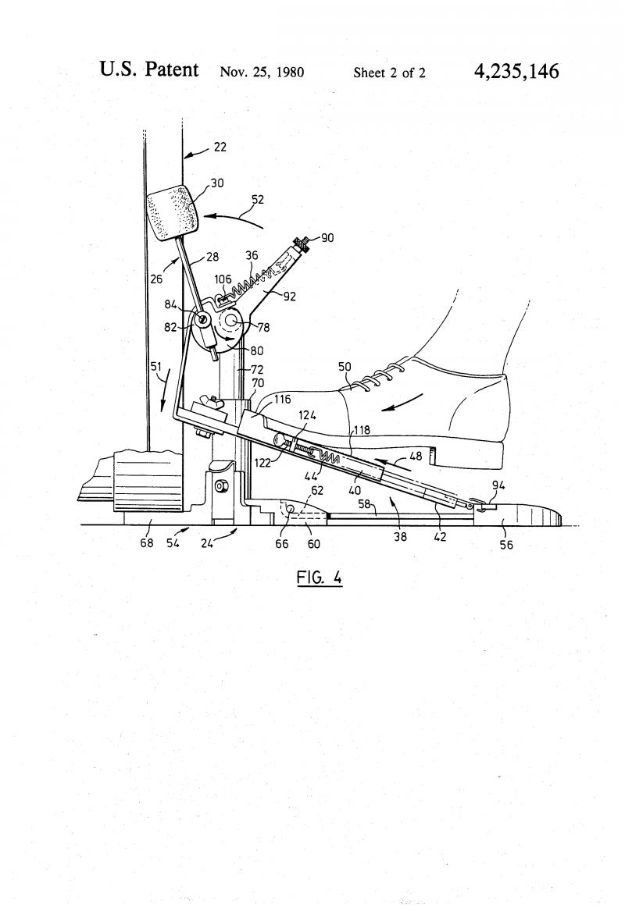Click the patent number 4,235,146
[516, 71]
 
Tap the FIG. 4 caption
[319, 578]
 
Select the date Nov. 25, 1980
[262, 72]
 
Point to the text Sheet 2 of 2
[389, 73]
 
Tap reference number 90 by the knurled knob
[327, 237]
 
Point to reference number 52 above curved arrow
[258, 199]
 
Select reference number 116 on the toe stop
[282, 400]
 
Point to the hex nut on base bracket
[221, 485]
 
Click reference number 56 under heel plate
[506, 545]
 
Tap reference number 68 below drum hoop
[146, 542]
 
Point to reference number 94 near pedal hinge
[498, 485]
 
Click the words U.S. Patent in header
[149, 69]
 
